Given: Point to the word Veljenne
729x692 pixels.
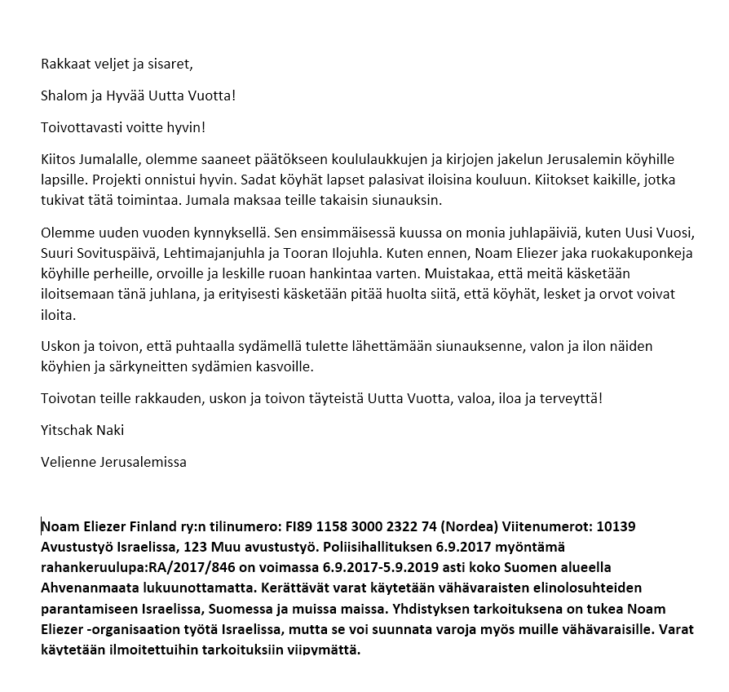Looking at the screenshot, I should [x=68, y=462].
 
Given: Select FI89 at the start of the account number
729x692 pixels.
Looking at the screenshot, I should [x=298, y=526].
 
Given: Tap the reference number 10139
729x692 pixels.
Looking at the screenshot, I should [x=617, y=526].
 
